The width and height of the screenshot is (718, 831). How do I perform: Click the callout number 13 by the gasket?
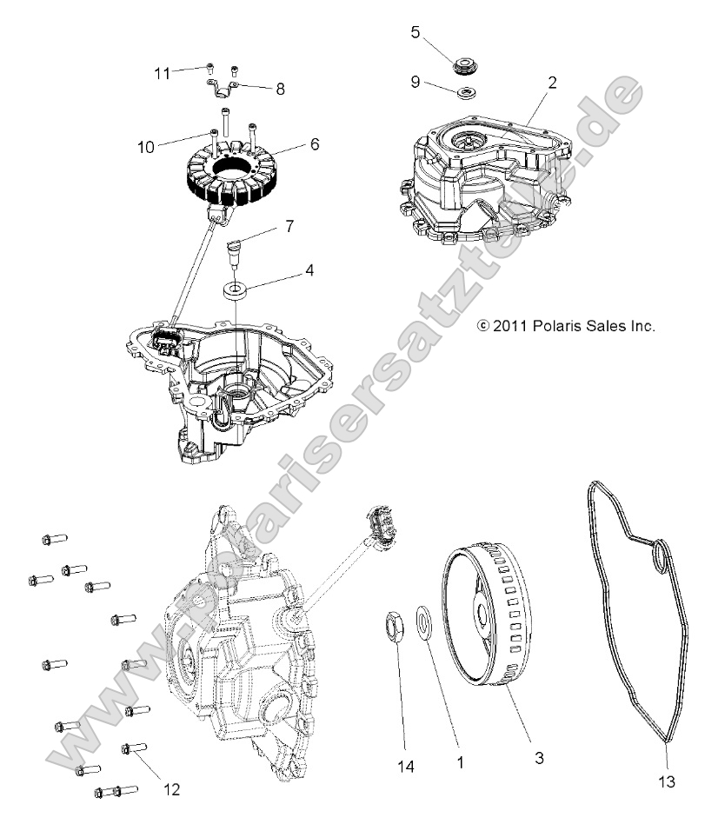point(667,782)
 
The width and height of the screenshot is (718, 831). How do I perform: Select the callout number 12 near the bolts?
point(171,789)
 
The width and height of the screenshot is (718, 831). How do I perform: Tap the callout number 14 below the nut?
point(406,766)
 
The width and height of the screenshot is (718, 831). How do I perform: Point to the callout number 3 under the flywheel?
point(539,758)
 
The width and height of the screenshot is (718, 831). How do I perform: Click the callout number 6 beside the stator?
point(315,143)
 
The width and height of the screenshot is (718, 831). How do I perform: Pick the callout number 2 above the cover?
point(553,83)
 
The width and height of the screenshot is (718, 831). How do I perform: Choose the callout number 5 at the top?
point(416,32)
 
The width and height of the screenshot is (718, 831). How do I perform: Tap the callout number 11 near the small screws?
point(162,74)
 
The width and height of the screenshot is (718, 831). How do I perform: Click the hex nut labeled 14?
point(393,627)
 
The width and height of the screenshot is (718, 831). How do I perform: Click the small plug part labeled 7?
point(234,256)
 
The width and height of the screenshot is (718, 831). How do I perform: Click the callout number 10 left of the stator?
point(145,147)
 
